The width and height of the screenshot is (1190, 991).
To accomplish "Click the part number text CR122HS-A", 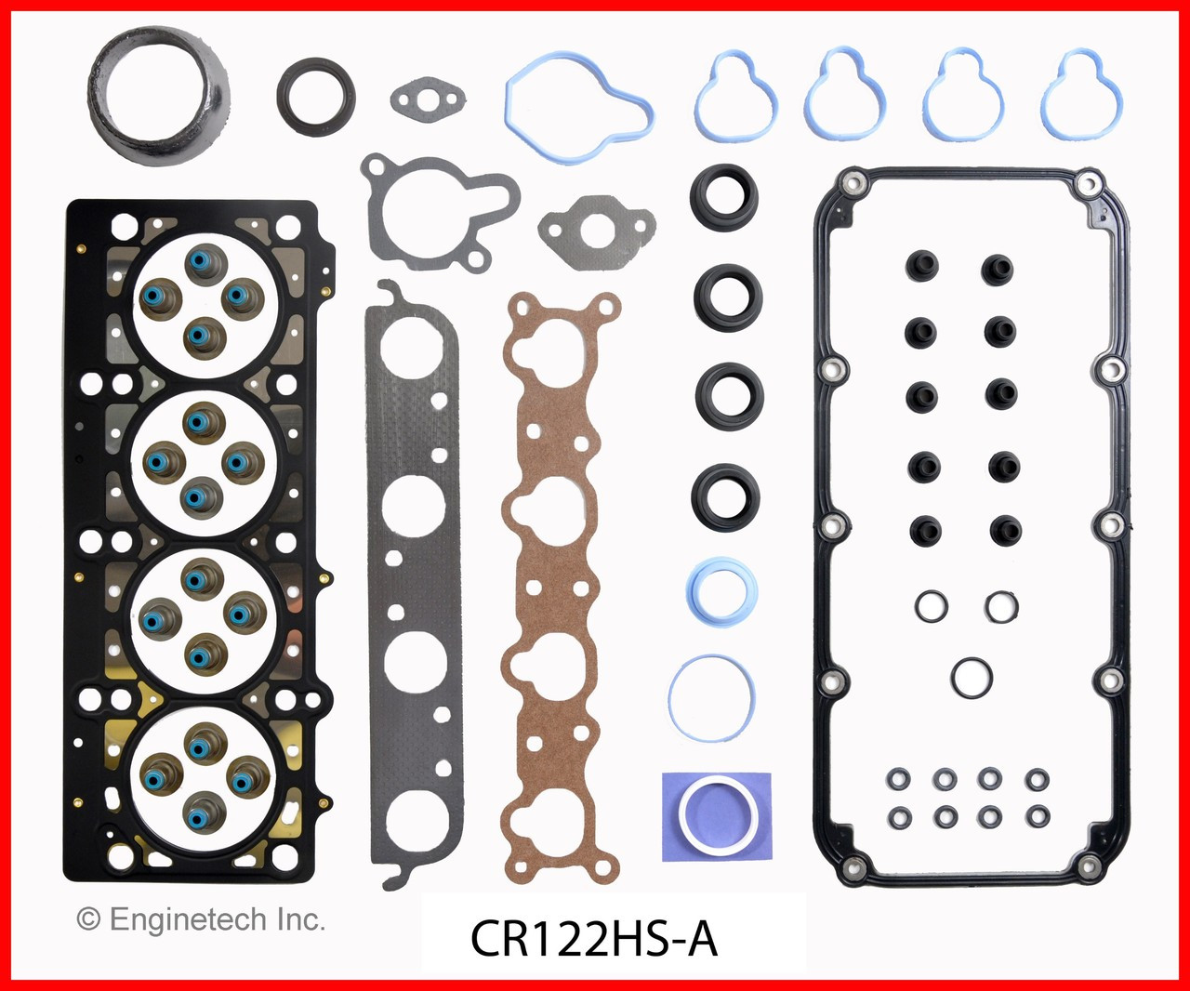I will (593, 939).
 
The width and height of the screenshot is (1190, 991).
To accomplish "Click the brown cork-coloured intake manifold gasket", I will (554, 586).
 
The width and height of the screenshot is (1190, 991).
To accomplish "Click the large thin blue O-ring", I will (711, 697).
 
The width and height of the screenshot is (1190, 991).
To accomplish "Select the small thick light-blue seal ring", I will (721, 590).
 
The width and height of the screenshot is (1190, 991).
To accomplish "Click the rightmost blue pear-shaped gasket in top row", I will (1081, 96).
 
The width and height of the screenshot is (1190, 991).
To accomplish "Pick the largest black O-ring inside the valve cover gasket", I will (972, 677).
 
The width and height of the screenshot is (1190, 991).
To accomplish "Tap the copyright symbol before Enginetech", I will (88, 920).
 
